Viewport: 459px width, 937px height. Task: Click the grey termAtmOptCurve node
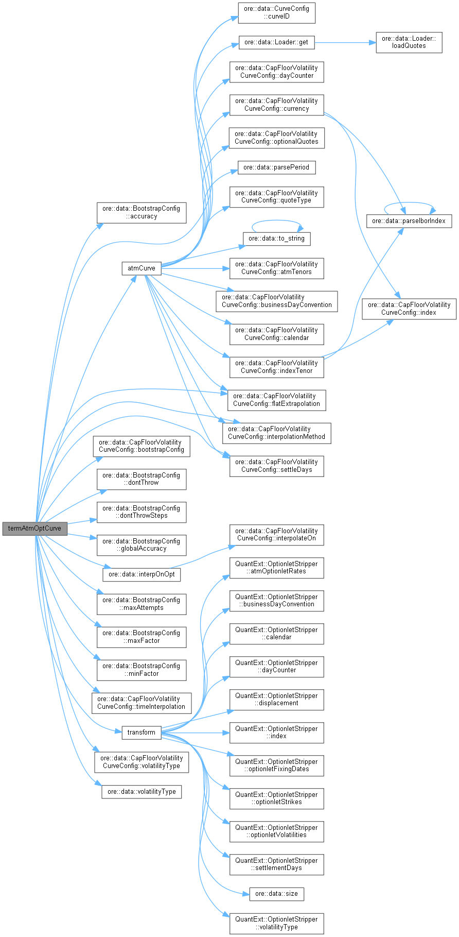click(34, 529)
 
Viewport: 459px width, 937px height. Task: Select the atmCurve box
click(141, 268)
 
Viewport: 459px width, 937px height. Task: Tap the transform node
click(141, 732)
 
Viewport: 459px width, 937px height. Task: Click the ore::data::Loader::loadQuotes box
click(409, 42)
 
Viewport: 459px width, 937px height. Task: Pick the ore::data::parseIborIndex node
click(409, 221)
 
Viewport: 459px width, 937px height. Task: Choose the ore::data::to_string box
click(276, 238)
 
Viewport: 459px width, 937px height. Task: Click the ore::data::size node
click(276, 894)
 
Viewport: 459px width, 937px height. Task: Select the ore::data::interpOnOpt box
click(142, 574)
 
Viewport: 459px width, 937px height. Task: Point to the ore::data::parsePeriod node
click(276, 167)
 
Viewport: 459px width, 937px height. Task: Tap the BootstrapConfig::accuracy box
click(141, 212)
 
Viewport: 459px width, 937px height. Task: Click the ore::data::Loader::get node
click(276, 42)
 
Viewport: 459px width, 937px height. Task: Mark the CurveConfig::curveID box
click(276, 13)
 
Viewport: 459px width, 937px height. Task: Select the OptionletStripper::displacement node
click(276, 700)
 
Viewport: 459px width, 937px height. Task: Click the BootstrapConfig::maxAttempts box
click(141, 604)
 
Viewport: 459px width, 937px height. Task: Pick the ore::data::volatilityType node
click(142, 792)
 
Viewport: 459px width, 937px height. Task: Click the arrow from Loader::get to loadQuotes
click(345, 42)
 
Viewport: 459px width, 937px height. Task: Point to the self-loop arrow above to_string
click(277, 221)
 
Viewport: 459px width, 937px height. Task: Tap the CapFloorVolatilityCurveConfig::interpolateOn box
click(276, 535)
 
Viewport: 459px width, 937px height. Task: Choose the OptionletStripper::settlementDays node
click(276, 864)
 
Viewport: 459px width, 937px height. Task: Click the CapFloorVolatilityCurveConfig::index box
click(409, 309)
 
